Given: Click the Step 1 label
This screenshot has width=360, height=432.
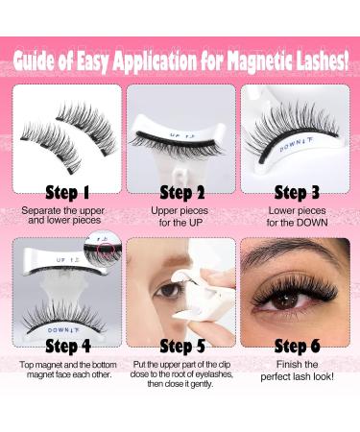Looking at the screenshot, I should [x=67, y=190].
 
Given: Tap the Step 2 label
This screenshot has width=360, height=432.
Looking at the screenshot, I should [x=180, y=190].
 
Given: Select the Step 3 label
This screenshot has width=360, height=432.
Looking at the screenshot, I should [x=295, y=190].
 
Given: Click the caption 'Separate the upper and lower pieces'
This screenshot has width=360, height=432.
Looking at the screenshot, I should [x=67, y=214].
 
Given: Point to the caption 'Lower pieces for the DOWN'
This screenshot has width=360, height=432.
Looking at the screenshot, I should [x=295, y=214].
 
